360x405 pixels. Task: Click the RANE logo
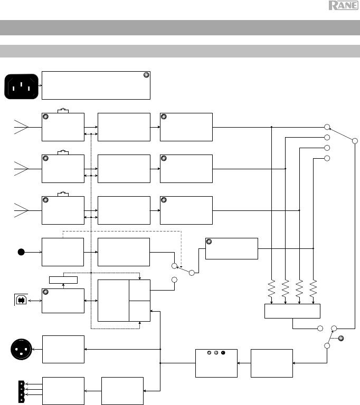pos(344,5)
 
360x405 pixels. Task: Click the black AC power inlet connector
pos(22,86)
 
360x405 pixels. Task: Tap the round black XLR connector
pos(22,349)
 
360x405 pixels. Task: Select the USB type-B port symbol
pos(21,300)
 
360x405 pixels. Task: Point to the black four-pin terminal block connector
pos(22,392)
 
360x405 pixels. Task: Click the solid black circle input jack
pos(21,252)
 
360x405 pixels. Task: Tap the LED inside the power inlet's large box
pos(146,75)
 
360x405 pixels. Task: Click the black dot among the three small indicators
pos(223,353)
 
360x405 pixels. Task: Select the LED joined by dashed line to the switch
pos(341,338)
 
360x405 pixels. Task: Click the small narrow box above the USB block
pos(63,280)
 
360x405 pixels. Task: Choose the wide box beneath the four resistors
pos(292,311)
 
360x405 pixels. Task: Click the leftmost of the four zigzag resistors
pos(271,288)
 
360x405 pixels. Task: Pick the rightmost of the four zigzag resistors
pos(313,288)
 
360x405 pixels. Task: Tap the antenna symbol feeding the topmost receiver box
pos(21,127)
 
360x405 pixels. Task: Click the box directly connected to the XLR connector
pos(63,349)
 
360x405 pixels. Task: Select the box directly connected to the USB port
pos(63,301)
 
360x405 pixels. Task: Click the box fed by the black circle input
pos(63,252)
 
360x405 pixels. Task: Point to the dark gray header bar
pos(180,27)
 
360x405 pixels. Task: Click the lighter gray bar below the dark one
pos(180,51)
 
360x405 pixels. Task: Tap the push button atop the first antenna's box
pos(63,111)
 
